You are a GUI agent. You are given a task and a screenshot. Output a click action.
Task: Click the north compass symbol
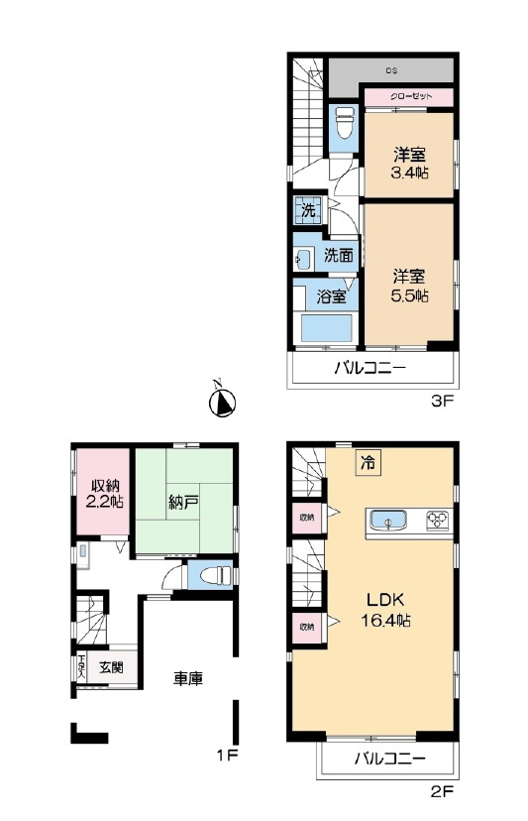click(224, 402)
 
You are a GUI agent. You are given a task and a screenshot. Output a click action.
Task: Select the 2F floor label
click(441, 792)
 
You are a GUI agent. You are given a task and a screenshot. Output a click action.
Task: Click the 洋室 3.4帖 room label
click(408, 163)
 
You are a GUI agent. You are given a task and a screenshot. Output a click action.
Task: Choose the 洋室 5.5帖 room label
click(408, 286)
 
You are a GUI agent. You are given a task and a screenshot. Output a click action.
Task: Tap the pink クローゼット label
click(408, 96)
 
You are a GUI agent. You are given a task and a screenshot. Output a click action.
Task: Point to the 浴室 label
click(330, 295)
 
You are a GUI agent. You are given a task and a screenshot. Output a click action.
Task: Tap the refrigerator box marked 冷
click(369, 461)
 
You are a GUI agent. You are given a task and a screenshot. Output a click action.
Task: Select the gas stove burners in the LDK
click(436, 519)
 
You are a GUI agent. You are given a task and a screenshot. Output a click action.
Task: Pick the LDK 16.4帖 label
click(389, 610)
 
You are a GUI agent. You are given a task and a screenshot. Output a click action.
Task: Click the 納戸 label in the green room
click(184, 503)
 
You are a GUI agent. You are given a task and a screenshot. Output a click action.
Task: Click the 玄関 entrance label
click(111, 667)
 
